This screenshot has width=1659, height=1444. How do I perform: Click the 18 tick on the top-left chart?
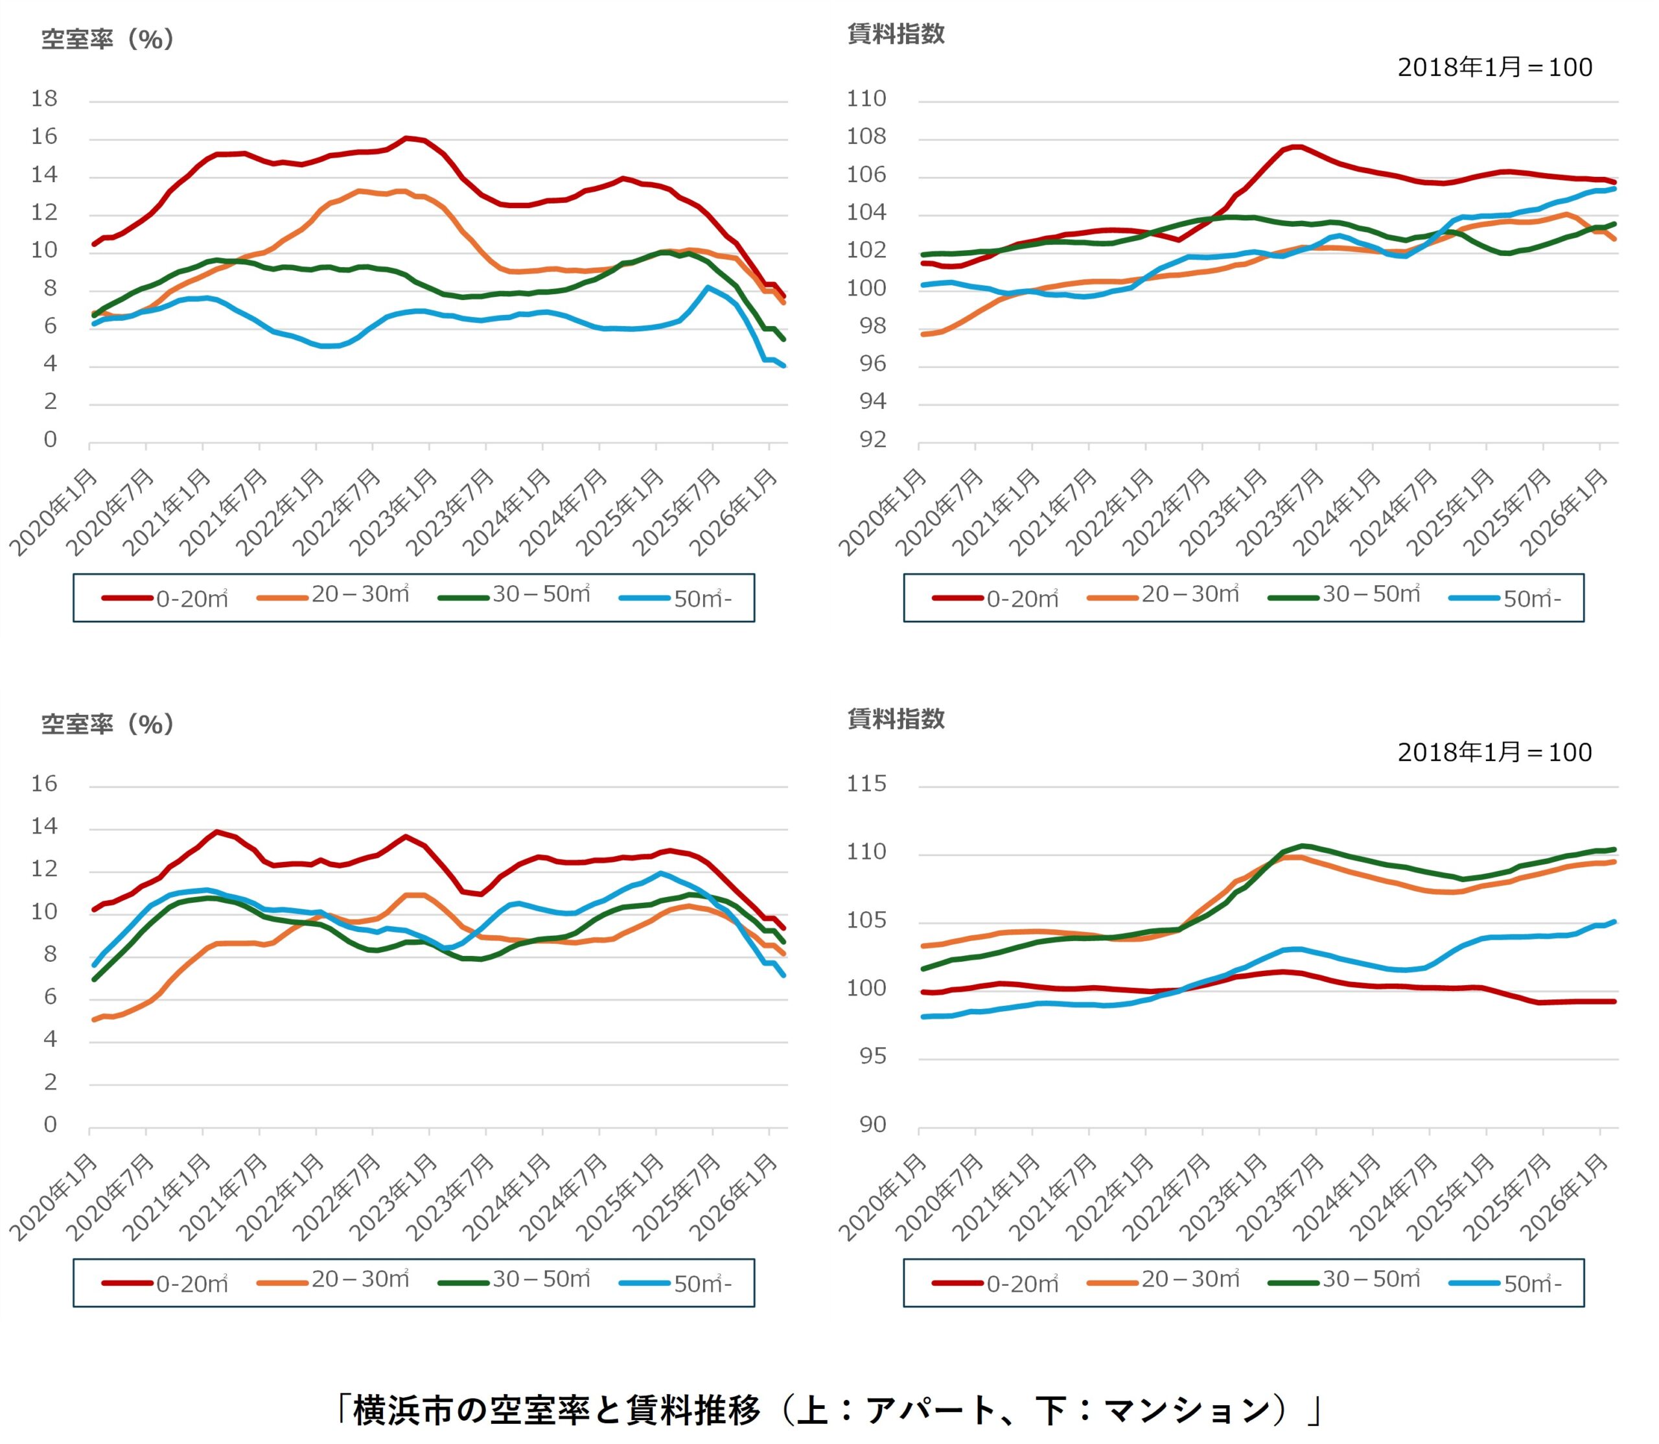44,99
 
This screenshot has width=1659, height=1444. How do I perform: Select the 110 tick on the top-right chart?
866,99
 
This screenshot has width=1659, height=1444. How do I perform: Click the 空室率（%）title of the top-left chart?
108,39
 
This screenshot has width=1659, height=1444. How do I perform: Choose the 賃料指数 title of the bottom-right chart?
896,719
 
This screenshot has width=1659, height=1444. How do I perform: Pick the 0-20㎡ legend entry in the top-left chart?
165,598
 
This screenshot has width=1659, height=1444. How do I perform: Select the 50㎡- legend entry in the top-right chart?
1505,598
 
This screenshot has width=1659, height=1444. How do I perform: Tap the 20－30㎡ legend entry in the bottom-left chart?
334,1279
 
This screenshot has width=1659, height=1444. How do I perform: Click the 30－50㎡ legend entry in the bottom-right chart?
1345,1279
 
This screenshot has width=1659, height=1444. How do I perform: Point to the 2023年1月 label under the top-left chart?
395,513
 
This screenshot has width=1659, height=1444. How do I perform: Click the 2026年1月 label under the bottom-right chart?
1565,1198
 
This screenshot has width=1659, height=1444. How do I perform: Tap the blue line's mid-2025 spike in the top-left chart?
708,288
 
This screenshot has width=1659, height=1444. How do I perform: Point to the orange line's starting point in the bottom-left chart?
94,1019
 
